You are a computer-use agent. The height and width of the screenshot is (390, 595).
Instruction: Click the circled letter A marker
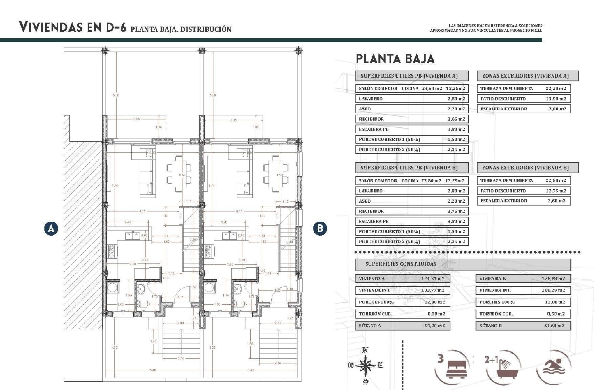click(x=51, y=229)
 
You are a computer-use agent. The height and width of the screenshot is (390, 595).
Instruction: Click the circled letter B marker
click(x=320, y=229)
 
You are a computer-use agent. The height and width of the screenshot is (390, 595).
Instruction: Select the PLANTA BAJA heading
click(x=395, y=59)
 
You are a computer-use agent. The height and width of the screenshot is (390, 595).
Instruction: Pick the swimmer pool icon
click(x=553, y=367)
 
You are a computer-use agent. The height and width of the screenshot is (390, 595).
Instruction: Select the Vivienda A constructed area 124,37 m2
click(x=433, y=279)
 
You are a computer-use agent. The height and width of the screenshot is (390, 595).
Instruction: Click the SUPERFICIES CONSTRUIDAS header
click(x=401, y=264)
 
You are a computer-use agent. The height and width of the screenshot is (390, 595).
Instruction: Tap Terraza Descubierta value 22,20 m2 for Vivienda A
click(x=556, y=88)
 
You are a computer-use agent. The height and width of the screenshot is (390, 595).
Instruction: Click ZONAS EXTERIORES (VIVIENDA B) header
click(x=525, y=168)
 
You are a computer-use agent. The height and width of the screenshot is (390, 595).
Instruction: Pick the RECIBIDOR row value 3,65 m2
click(x=456, y=119)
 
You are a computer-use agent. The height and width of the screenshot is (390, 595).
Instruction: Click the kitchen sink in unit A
click(x=132, y=236)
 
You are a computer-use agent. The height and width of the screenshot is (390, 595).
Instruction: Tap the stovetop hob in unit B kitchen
click(x=208, y=251)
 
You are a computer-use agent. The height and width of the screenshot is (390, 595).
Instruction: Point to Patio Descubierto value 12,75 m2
click(x=556, y=191)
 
